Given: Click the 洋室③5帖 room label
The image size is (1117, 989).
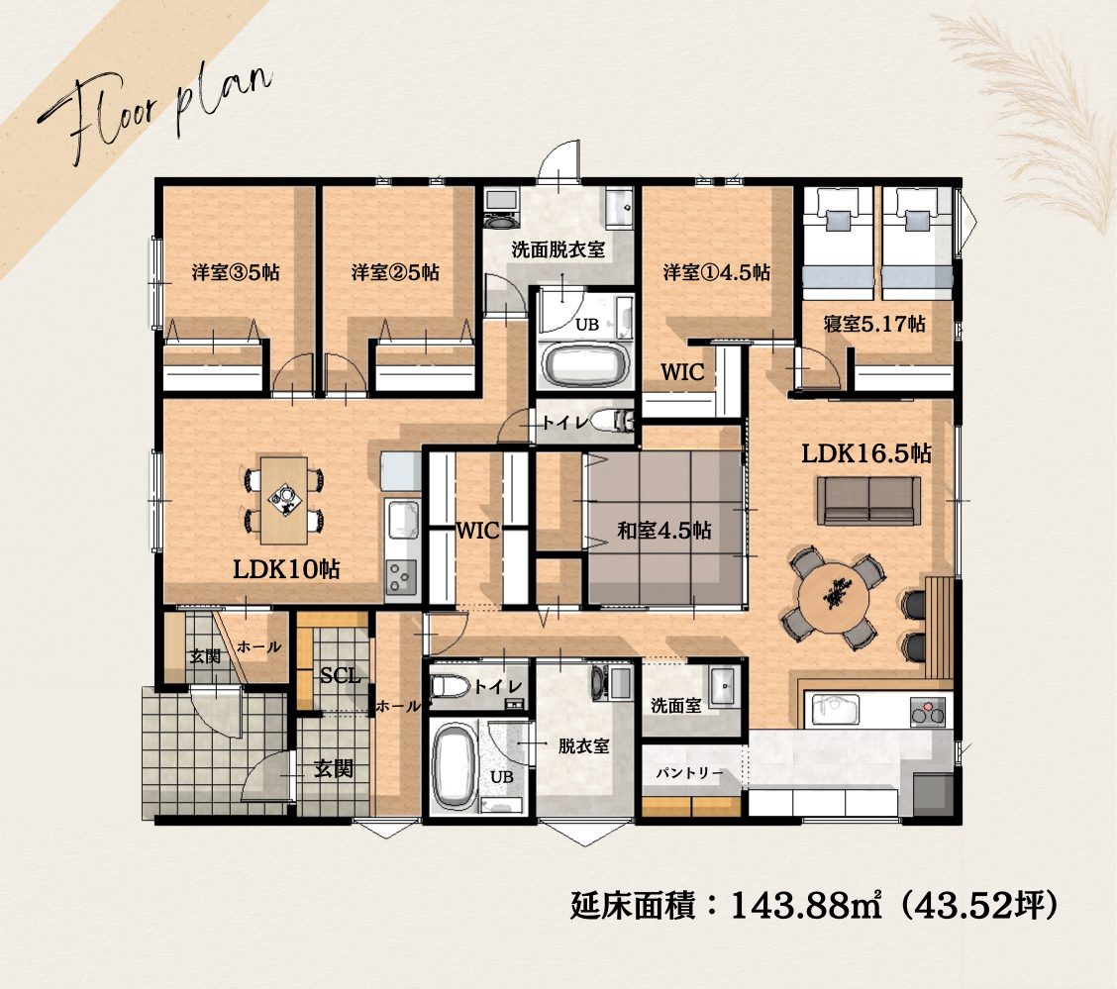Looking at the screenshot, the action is [x=235, y=272].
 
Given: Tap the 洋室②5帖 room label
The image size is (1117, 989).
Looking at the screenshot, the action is [x=395, y=272].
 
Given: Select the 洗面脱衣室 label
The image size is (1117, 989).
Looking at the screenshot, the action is [x=558, y=249].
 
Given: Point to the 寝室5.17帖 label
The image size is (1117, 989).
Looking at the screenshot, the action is [x=874, y=324].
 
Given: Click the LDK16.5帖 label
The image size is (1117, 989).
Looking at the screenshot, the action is [x=866, y=453].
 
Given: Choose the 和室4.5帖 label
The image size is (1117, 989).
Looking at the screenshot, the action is [x=663, y=531].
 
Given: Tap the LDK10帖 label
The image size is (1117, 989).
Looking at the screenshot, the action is [x=286, y=569].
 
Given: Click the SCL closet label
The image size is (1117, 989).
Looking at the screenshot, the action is [x=340, y=675].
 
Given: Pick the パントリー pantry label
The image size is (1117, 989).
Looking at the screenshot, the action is [x=689, y=772].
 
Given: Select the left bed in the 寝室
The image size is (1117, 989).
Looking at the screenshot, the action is [x=838, y=244].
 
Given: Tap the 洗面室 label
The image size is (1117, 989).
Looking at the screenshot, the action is [x=676, y=706].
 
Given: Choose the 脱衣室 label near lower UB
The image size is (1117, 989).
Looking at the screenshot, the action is [x=583, y=745].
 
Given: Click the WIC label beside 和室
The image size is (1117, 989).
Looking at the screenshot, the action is [x=477, y=531].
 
